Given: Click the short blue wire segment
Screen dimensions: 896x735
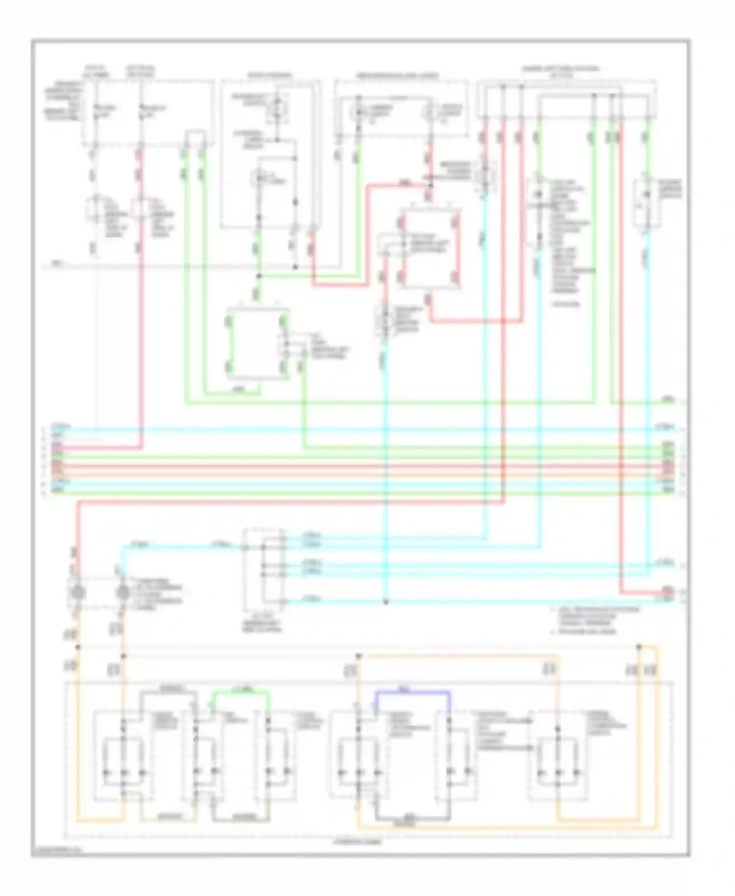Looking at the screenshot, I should coord(412,692).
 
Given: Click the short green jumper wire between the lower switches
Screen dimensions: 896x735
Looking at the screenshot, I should coord(241,692).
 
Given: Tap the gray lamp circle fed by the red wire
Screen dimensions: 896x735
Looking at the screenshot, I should coord(77,593).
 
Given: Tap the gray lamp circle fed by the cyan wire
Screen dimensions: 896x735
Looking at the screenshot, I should coord(122,593).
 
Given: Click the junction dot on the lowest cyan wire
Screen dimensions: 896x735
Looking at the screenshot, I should coord(386,601).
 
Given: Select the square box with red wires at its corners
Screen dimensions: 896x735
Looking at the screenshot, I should coord(430,249).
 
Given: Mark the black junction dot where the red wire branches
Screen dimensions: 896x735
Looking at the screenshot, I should coord(430,186).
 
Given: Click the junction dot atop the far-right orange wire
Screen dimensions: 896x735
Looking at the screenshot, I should coord(639,647).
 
